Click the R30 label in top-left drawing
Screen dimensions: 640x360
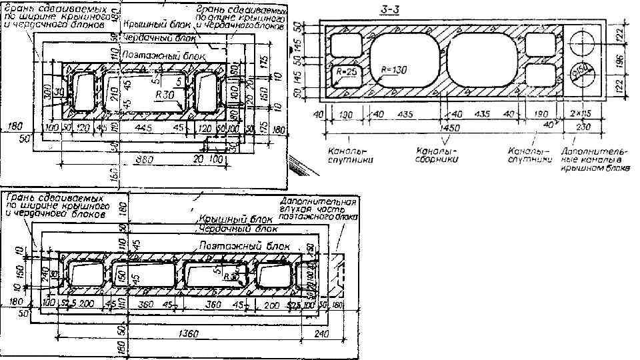(x=163, y=95)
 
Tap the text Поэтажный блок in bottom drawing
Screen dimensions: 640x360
(x=246, y=246)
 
